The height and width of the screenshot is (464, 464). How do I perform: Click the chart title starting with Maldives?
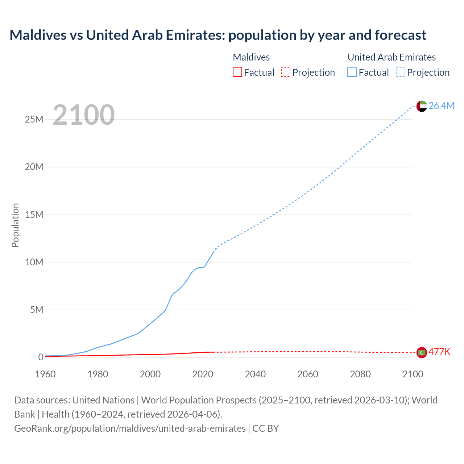(x=218, y=35)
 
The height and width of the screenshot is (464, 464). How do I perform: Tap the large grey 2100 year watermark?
(x=84, y=115)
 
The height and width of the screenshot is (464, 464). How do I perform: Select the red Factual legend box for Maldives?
(x=237, y=72)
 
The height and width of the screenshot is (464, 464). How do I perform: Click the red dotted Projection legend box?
(x=286, y=72)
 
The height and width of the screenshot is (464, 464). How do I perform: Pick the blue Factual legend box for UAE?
(x=352, y=72)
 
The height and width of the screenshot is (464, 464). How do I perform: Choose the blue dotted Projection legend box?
(x=401, y=72)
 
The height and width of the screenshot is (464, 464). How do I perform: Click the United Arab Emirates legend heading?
(x=391, y=57)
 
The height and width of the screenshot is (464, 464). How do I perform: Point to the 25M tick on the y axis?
(x=34, y=119)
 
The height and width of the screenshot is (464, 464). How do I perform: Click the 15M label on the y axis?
(x=34, y=215)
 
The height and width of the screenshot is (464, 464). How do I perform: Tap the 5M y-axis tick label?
(x=37, y=310)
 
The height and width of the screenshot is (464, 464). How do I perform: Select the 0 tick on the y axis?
(x=41, y=357)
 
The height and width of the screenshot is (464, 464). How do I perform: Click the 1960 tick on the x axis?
(x=45, y=374)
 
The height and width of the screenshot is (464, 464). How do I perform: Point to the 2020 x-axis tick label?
(x=203, y=374)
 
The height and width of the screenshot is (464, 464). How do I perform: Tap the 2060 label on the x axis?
(x=308, y=374)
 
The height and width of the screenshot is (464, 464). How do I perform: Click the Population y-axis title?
(x=15, y=225)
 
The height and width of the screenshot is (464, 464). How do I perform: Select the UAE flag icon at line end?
(x=422, y=106)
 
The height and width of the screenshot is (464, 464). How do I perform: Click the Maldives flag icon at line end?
(x=422, y=352)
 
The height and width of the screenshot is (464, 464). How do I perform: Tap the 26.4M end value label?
(x=441, y=105)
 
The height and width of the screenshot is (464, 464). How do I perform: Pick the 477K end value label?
(x=439, y=352)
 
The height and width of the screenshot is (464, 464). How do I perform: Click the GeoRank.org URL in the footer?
(x=130, y=428)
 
